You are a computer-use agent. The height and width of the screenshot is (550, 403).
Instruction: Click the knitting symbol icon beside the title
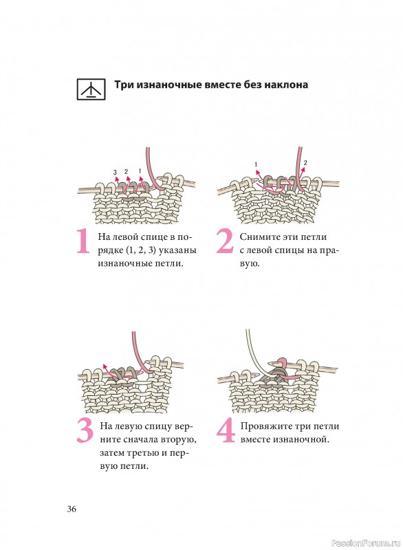[x=91, y=89]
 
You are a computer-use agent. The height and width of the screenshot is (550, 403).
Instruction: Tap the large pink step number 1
[x=83, y=241]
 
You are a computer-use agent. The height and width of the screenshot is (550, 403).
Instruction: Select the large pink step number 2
[x=225, y=241]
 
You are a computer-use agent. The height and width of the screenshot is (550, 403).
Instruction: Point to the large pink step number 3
[x=85, y=431]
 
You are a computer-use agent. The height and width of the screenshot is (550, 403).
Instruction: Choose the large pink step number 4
[x=226, y=430]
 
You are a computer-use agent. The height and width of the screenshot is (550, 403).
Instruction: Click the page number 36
[x=72, y=509]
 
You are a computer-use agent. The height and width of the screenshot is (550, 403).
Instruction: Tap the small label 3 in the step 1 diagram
[x=115, y=173]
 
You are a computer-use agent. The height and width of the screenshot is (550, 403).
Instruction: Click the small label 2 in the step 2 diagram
[x=305, y=163]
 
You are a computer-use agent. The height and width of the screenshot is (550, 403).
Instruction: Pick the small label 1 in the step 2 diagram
[x=256, y=164]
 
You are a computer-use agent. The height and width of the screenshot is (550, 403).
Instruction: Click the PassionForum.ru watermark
[x=365, y=543]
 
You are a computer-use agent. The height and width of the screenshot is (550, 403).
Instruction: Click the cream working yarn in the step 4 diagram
[x=253, y=354]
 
